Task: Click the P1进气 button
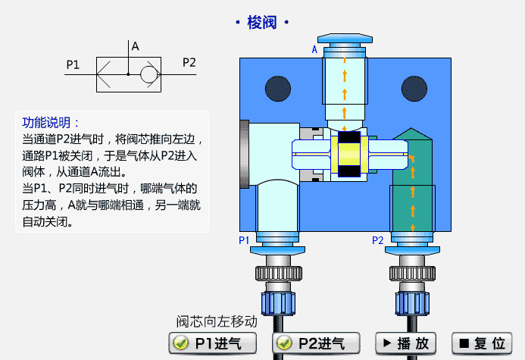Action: point(213,343)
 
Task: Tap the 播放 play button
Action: point(405,343)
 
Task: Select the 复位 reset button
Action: point(482,343)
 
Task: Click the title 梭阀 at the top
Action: point(262,23)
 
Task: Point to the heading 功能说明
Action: point(46,123)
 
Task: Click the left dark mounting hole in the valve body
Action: point(278,89)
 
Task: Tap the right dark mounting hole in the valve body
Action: point(414,89)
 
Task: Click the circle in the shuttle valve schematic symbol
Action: point(148,74)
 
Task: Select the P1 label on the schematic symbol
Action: point(73,64)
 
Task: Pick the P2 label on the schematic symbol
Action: point(189,63)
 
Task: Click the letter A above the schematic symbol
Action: point(136,46)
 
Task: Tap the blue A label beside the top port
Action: point(314,49)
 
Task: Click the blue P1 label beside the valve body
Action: point(244,240)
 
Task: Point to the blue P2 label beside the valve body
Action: point(378,240)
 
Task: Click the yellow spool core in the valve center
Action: point(349,155)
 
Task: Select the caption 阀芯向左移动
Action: point(217,321)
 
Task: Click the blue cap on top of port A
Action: point(345,38)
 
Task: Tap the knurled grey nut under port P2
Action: point(412,274)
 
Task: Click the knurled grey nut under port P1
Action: point(279,274)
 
